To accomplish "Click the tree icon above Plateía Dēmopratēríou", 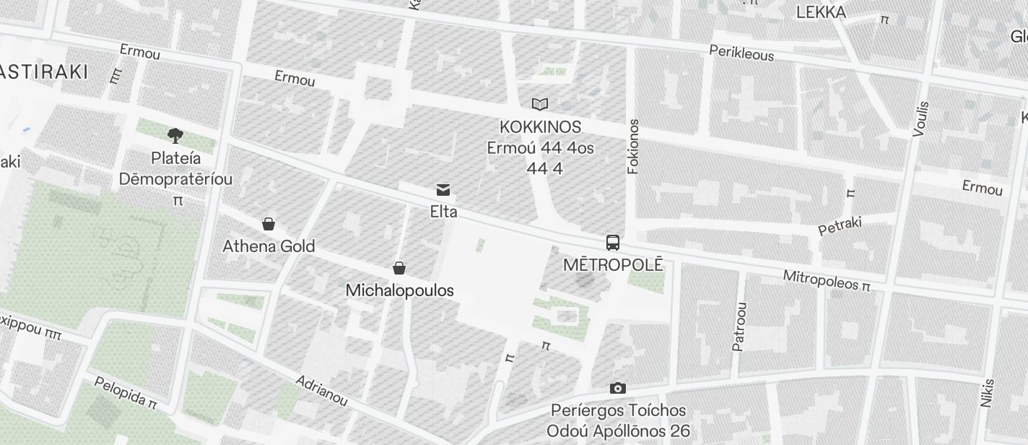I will click(x=175, y=135).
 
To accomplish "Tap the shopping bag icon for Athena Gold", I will click(x=269, y=224).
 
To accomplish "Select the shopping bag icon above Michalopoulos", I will click(x=399, y=268).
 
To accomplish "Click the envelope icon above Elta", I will click(x=443, y=190).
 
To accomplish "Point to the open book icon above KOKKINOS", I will click(x=540, y=105).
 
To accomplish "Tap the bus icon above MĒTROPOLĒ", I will click(x=613, y=243).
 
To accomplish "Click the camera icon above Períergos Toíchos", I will click(x=617, y=389).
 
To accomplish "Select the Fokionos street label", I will click(x=634, y=147).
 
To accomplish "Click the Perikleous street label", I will click(x=741, y=53).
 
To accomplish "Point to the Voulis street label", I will click(x=920, y=118).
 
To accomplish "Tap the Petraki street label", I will click(x=840, y=226).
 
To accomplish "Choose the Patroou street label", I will click(x=739, y=327).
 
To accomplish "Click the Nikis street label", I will click(x=988, y=393).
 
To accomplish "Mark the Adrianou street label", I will click(x=321, y=390).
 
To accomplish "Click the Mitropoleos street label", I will click(x=821, y=280).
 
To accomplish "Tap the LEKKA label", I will click(x=821, y=12).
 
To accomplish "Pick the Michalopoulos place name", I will click(x=399, y=290).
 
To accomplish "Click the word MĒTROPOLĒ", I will click(x=613, y=264).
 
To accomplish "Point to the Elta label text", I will click(x=443, y=212).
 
